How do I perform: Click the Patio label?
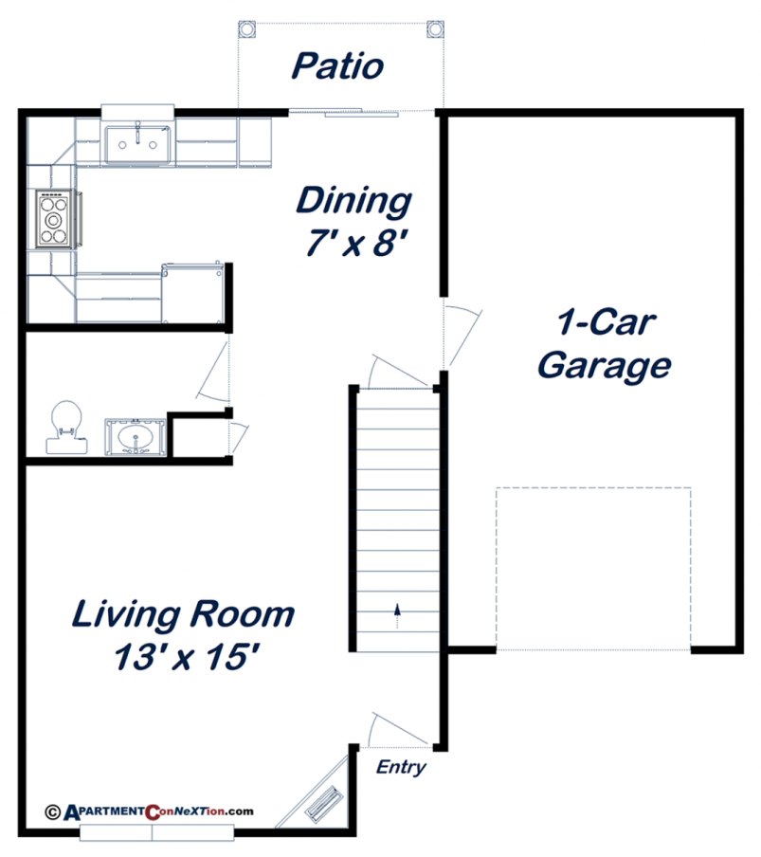[336, 66]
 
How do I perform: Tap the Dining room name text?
[353, 202]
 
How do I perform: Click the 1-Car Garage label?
[604, 343]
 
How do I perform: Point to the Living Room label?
[183, 614]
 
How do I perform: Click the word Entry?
[401, 768]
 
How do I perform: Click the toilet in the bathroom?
[64, 426]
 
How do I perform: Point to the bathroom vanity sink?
[136, 439]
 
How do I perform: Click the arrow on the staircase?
[397, 614]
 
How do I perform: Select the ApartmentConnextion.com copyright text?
[150, 811]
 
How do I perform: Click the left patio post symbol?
[246, 28]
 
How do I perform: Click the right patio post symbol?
[435, 28]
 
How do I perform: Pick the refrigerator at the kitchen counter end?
[195, 292]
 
